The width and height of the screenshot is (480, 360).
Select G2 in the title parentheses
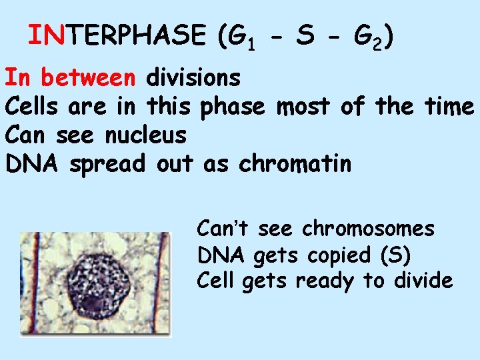[x=366, y=37]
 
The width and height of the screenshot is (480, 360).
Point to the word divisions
[x=193, y=78]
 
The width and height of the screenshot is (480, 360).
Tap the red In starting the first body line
[x=18, y=78]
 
